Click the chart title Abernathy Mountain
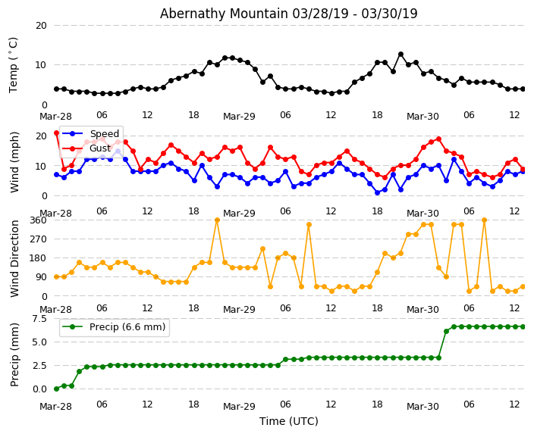tap(288, 14)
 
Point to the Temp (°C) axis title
tap(14, 64)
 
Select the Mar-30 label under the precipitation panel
tap(422, 406)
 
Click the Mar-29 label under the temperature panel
tap(239, 117)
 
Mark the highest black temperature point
tap(400, 55)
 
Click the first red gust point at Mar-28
tap(56, 133)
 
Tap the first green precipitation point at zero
tap(56, 389)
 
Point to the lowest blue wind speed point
tap(377, 192)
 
